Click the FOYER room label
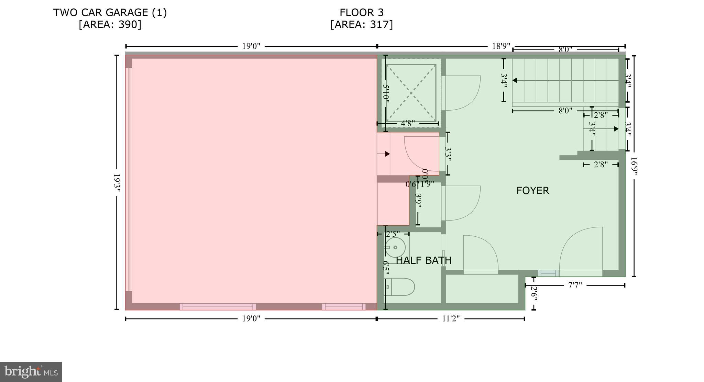[x=532, y=191]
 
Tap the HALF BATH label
[x=423, y=260]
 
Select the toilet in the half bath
[x=399, y=287]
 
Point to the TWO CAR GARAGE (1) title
[x=110, y=13]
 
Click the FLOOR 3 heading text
[x=361, y=13]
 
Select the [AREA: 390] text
[x=110, y=25]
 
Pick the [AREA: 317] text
[x=361, y=25]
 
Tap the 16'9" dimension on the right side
[x=634, y=166]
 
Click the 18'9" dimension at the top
[x=500, y=46]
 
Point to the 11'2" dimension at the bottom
[x=450, y=319]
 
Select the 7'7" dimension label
[x=575, y=285]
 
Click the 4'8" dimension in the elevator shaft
[x=408, y=123]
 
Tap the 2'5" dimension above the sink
[x=393, y=234]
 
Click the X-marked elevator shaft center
[x=411, y=93]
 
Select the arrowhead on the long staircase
[x=515, y=80]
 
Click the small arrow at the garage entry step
[x=387, y=154]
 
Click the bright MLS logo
[x=31, y=372]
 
